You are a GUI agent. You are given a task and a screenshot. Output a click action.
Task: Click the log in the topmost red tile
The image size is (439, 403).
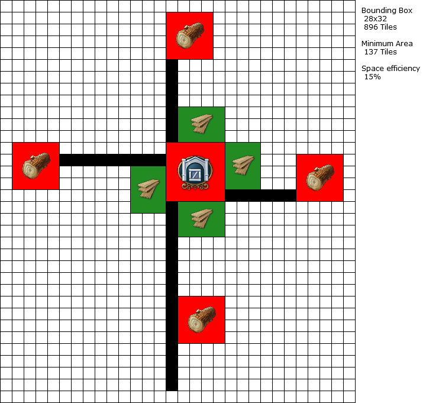click(x=190, y=36)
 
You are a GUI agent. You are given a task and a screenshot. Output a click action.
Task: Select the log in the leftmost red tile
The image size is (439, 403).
click(x=36, y=166)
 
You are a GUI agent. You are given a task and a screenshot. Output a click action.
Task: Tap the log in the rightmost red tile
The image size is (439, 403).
click(x=320, y=178)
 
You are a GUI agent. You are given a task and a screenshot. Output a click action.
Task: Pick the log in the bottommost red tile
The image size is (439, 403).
click(x=202, y=320)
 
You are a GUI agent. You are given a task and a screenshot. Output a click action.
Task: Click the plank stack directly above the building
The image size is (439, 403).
click(x=202, y=124)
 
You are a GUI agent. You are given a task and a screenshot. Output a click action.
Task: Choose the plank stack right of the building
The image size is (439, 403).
click(x=243, y=165)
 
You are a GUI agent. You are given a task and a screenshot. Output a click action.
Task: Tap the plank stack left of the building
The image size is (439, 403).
click(x=149, y=189)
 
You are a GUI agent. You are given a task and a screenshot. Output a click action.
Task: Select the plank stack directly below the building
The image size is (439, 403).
click(x=202, y=218)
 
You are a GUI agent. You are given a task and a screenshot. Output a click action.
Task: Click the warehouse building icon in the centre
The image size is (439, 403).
click(x=195, y=172)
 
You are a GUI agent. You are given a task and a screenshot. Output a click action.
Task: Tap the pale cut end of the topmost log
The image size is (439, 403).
click(x=185, y=40)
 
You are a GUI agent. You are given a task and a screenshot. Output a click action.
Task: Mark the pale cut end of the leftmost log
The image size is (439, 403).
click(x=31, y=170)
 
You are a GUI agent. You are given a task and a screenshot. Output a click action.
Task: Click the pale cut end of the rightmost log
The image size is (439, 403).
click(x=315, y=182)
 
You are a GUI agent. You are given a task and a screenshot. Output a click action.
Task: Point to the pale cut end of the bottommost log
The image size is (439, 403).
click(x=196, y=324)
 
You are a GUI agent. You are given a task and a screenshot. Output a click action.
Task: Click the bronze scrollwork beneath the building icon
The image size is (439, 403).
click(x=195, y=186)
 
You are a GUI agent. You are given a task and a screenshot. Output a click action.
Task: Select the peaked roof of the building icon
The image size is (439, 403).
click(x=195, y=160)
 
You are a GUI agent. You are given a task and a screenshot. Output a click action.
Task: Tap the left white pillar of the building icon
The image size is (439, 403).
click(x=184, y=173)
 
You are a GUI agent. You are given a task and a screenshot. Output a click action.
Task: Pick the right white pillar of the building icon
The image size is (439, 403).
click(x=206, y=173)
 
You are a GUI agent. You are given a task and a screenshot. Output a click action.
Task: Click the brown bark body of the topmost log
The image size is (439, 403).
click(x=196, y=30)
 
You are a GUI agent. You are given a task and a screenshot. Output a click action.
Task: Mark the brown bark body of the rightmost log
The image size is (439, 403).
click(x=327, y=172)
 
